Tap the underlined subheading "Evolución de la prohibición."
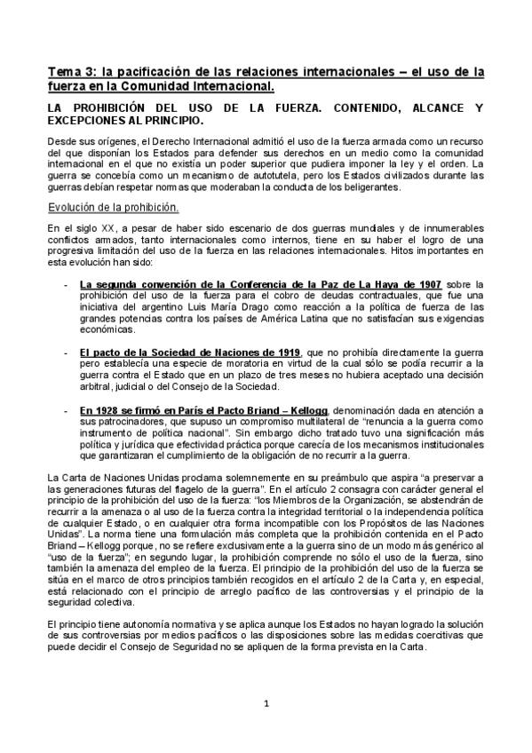(x=113, y=207)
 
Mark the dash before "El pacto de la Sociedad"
(x=68, y=352)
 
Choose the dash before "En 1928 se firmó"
(x=68, y=409)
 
